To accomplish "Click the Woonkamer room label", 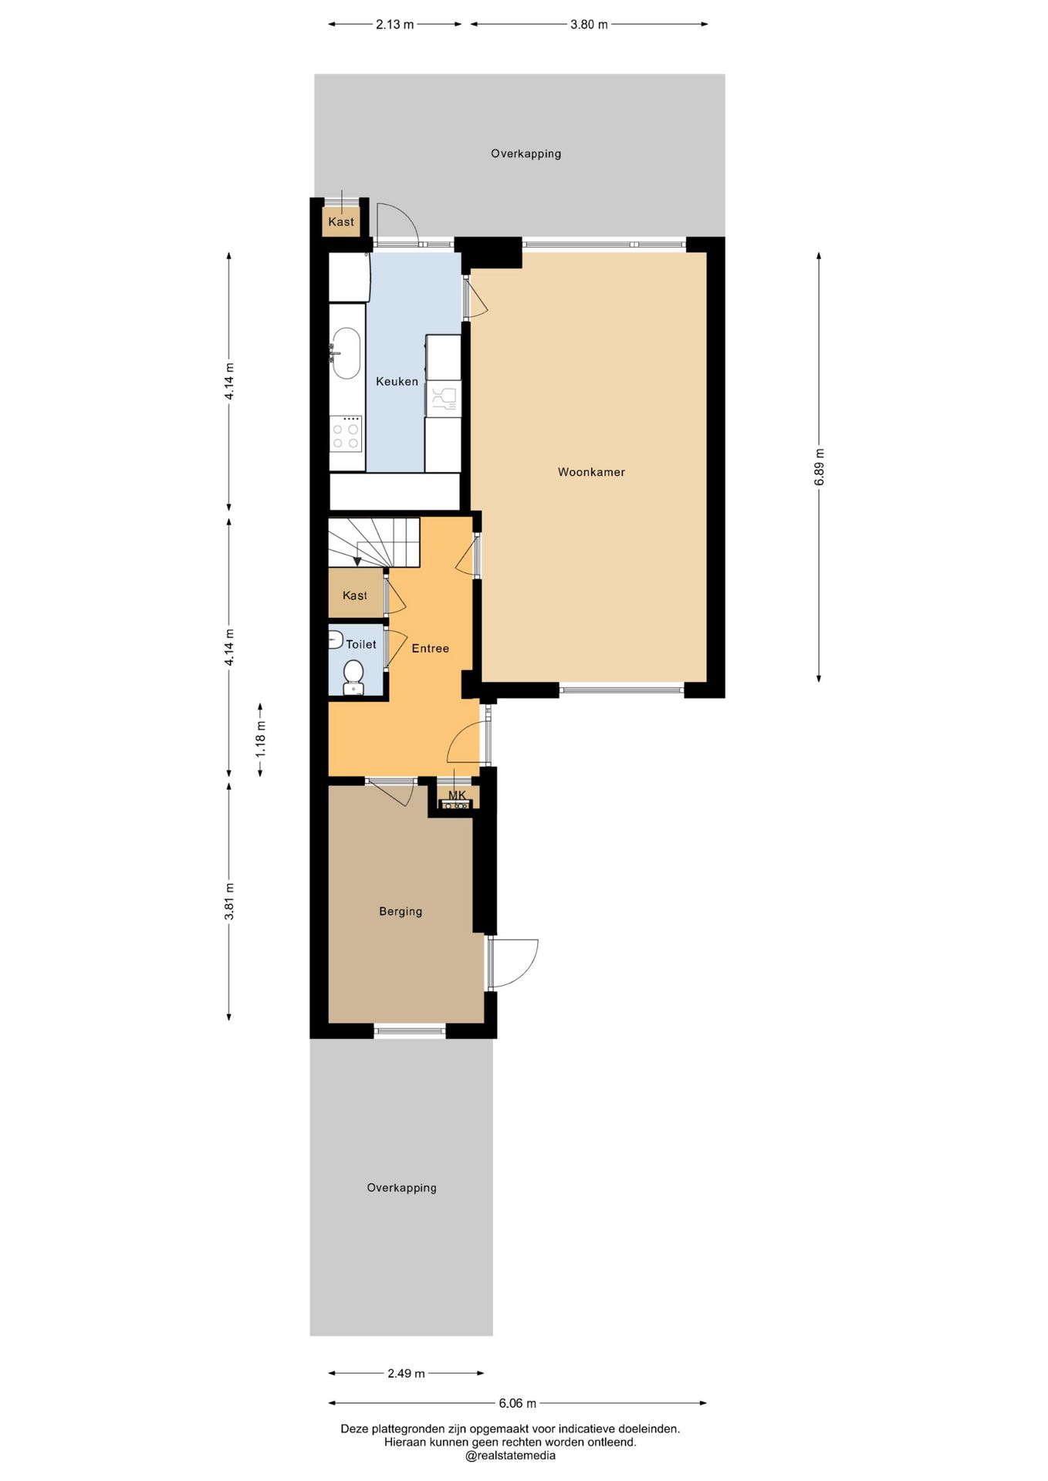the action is point(591,472).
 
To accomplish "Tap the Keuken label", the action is point(397,381).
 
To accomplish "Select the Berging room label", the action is point(401,912).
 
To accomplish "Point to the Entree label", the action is point(430,649).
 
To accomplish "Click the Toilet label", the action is point(361,644).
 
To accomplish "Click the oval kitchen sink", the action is point(346,354).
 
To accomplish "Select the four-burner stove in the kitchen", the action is point(346,434).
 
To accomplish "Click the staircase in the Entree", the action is point(374,542).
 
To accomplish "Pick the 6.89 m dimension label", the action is point(820,467).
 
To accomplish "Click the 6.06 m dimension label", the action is point(517,1403).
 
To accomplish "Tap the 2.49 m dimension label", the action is point(406,1373).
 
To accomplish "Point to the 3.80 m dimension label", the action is point(589,25).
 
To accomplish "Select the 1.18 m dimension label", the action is point(261,739).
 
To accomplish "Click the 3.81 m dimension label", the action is point(229,901).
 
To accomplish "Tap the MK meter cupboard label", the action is point(457,795).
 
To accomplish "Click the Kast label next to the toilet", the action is point(355,595).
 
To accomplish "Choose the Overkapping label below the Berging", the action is point(401,1188).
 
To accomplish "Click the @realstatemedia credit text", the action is point(510,1456).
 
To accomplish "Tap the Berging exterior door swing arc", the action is point(526,970).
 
